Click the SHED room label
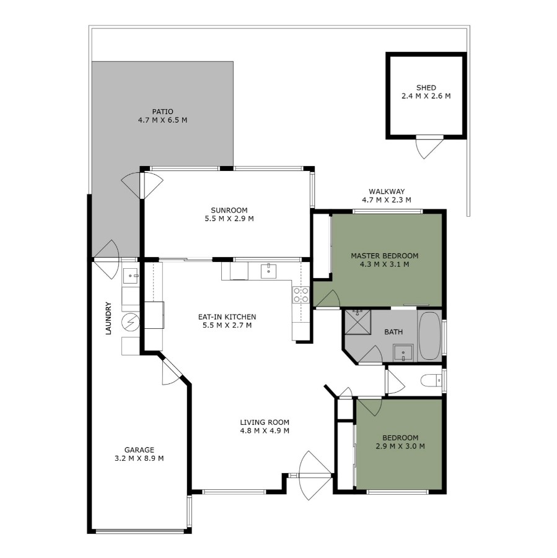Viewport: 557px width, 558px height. click(426, 87)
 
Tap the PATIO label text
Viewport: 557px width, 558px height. click(163, 111)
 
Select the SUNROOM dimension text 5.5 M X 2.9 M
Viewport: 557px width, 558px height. click(229, 219)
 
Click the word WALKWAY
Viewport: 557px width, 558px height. click(387, 191)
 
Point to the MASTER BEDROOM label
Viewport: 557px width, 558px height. click(385, 256)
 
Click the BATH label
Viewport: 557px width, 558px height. click(393, 332)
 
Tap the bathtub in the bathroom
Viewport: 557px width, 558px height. click(429, 336)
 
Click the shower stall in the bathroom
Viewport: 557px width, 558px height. click(357, 323)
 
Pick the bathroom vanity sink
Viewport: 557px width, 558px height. click(403, 353)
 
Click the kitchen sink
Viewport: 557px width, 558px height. click(268, 271)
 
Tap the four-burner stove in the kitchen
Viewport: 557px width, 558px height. click(301, 295)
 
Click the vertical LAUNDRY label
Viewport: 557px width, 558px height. click(108, 318)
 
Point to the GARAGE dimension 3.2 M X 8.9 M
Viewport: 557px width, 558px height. click(139, 458)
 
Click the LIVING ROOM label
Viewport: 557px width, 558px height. click(265, 422)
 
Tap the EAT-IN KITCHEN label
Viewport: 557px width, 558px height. click(227, 316)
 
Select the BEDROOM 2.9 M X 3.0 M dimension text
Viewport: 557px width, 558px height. click(400, 447)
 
